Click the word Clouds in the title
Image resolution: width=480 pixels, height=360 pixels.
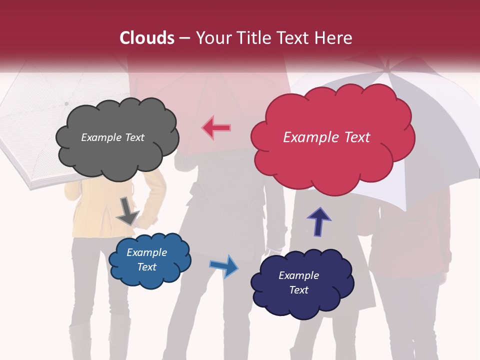pos(147,38)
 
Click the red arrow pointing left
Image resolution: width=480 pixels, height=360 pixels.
pos(216,127)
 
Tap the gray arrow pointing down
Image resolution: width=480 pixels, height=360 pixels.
pos(127,210)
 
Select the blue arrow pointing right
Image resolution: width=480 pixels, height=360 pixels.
pos(223,265)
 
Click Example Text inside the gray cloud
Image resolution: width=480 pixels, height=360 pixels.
pos(112,137)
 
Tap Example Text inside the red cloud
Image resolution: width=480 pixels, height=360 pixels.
pos(326,137)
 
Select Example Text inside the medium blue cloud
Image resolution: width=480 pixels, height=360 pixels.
pos(146,259)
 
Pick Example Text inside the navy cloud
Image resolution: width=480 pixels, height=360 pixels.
pos(298,282)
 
